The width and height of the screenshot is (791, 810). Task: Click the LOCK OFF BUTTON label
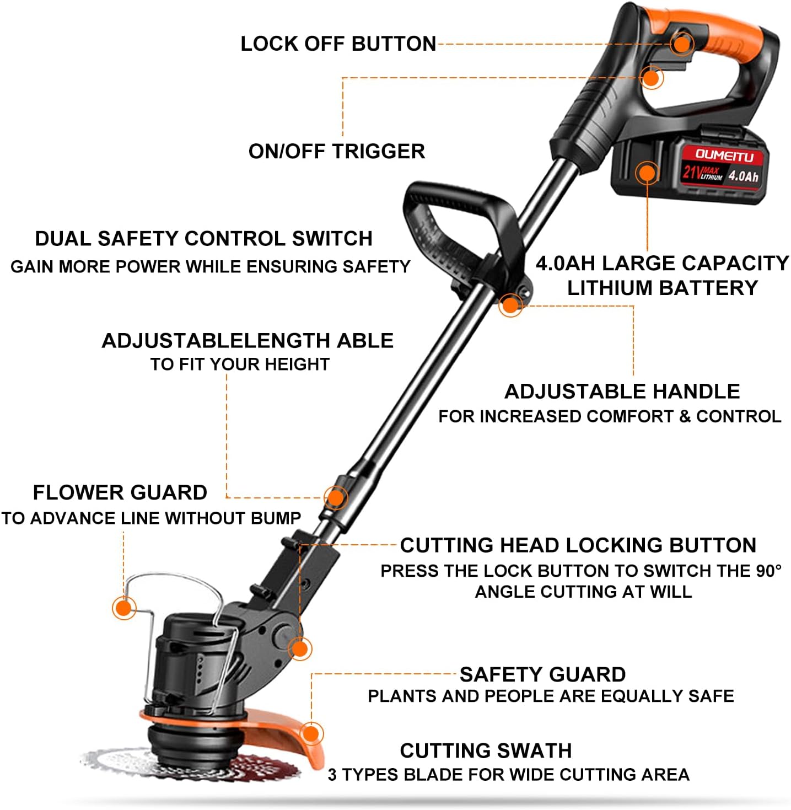pyautogui.click(x=338, y=44)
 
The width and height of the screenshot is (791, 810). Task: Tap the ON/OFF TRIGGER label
pyautogui.click(x=337, y=151)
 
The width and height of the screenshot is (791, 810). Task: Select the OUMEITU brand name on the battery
pyautogui.click(x=724, y=155)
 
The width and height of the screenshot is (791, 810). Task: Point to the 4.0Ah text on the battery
pyautogui.click(x=743, y=176)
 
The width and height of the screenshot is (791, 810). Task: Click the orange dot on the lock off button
pyautogui.click(x=681, y=44)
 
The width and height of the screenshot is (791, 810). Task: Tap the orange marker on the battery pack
pyautogui.click(x=647, y=173)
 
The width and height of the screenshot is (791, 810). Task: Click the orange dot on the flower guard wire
pyautogui.click(x=124, y=608)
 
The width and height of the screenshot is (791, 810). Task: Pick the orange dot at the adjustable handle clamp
pyautogui.click(x=510, y=305)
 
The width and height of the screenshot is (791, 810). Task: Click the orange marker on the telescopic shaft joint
pyautogui.click(x=336, y=497)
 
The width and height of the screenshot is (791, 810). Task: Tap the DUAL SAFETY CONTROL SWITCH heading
pyautogui.click(x=203, y=239)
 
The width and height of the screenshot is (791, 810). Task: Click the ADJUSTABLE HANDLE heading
pyautogui.click(x=622, y=391)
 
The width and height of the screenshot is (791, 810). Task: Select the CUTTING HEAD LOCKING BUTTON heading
pyautogui.click(x=578, y=545)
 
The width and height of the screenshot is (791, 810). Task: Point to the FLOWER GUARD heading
pyautogui.click(x=120, y=492)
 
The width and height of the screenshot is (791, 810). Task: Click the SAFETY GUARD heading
pyautogui.click(x=542, y=674)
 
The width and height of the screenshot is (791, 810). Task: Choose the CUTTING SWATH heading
pyautogui.click(x=486, y=750)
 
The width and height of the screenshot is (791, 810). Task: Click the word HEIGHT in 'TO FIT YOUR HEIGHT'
pyautogui.click(x=297, y=364)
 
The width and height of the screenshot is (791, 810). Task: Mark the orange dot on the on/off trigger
pyautogui.click(x=652, y=77)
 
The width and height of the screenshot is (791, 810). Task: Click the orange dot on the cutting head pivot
pyautogui.click(x=300, y=648)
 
